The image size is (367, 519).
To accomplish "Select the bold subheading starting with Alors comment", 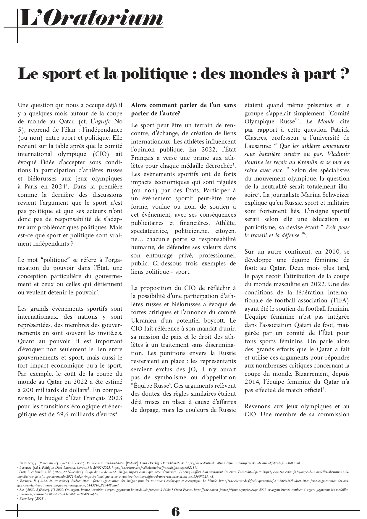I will point(183,109).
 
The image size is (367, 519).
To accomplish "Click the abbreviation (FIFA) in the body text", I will point(340,301).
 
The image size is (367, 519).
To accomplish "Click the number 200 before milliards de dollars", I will point(30,390).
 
